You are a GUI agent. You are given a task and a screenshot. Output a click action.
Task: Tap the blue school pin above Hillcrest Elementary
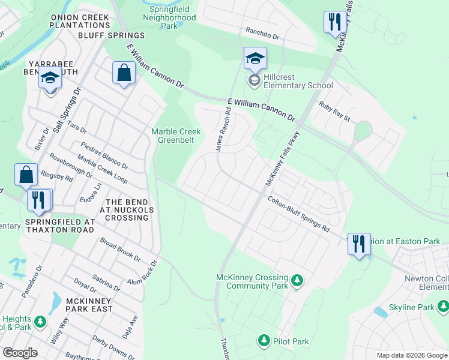pyautogui.click(x=255, y=59)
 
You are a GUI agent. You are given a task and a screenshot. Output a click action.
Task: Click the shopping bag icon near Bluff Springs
pyautogui.click(x=124, y=73)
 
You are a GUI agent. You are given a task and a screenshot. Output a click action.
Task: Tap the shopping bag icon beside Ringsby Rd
pyautogui.click(x=26, y=175)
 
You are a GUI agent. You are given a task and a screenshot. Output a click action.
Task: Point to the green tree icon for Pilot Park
pyautogui.click(x=264, y=341)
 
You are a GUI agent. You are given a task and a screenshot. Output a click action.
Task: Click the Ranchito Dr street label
pyautogui.click(x=263, y=34)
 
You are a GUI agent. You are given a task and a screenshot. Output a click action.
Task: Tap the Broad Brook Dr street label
pyautogui.click(x=120, y=250)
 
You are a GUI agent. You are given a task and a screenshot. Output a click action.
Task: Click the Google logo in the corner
pyautogui.click(x=20, y=352)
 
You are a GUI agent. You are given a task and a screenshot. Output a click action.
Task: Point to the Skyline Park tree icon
pyautogui.click(x=443, y=307)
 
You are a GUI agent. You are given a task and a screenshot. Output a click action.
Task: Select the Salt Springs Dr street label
pyautogui.click(x=67, y=111)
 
